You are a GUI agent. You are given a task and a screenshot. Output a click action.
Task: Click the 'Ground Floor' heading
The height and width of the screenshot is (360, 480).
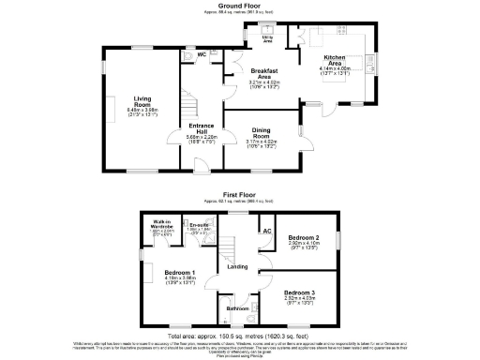(239, 5)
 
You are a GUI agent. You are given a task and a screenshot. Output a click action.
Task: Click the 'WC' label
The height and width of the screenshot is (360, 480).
(202, 54)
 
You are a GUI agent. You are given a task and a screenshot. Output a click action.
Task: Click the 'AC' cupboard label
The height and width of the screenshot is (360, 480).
(266, 231)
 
